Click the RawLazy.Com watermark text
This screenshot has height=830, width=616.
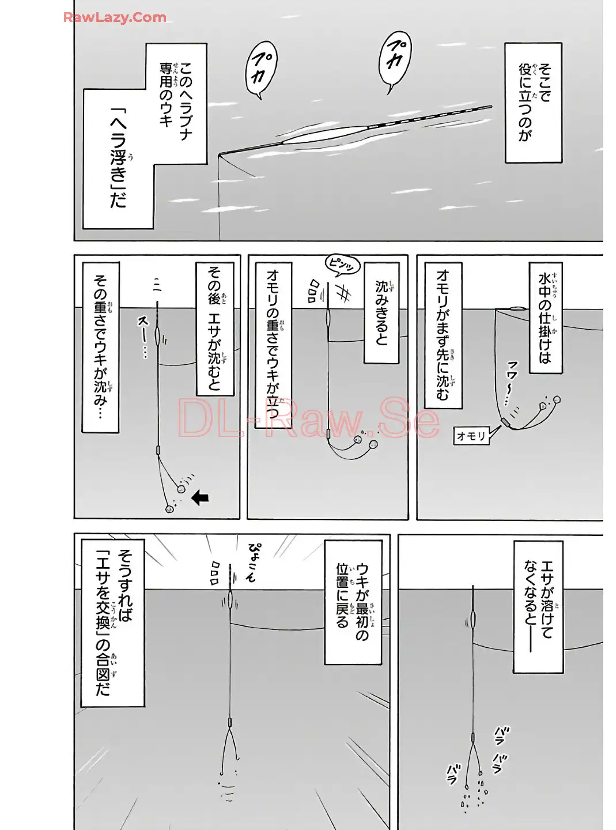[x=115, y=17]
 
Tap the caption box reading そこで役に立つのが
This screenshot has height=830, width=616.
[x=533, y=102]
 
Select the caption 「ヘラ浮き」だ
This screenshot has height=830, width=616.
[x=118, y=159]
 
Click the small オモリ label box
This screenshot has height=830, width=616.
[x=471, y=436]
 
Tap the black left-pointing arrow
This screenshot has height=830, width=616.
[x=200, y=497]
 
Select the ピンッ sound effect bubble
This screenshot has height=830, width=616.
[x=342, y=265]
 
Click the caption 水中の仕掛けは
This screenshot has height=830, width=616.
[x=545, y=317]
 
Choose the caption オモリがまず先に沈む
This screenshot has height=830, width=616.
[x=443, y=335]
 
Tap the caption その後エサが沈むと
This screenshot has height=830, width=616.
[x=215, y=329]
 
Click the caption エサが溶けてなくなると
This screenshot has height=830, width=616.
[x=538, y=606]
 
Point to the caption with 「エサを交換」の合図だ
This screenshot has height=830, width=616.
[x=112, y=622]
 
